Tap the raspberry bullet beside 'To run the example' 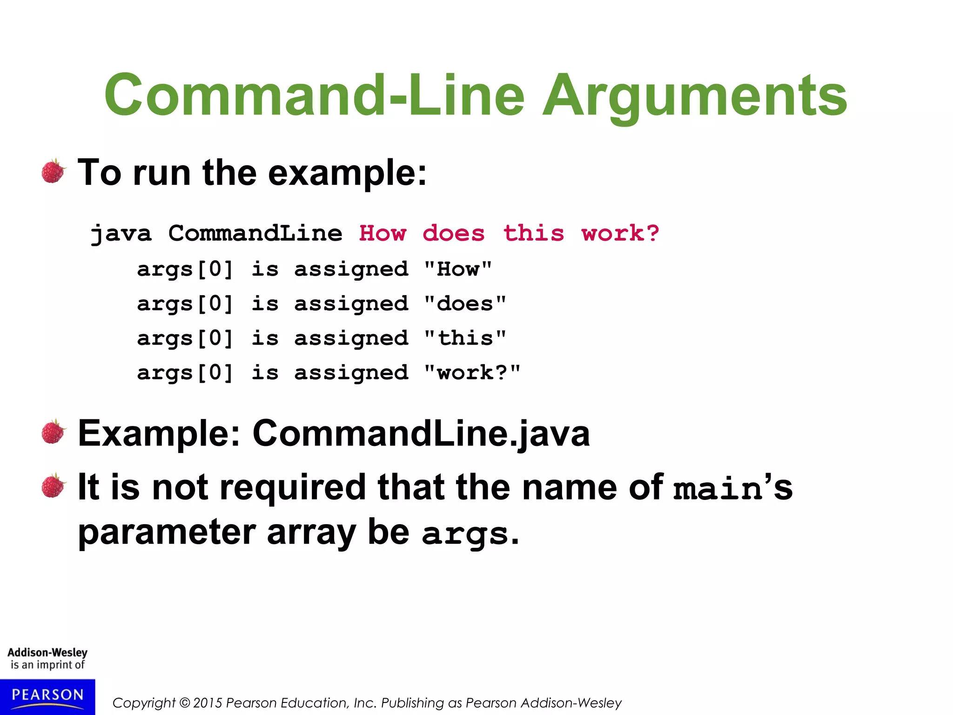point(54,171)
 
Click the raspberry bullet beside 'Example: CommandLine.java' point(54,432)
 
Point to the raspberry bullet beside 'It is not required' point(54,486)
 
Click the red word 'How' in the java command point(383,233)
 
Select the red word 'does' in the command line point(454,233)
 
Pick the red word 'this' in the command point(534,233)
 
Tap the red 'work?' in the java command point(620,233)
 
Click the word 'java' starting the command point(121,234)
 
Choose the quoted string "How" point(458,269)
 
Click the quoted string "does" point(465,304)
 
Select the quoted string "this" point(465,338)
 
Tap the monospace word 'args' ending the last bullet point(465,534)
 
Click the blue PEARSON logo point(47,696)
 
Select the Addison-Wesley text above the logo point(47,653)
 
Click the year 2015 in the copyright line point(208,702)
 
